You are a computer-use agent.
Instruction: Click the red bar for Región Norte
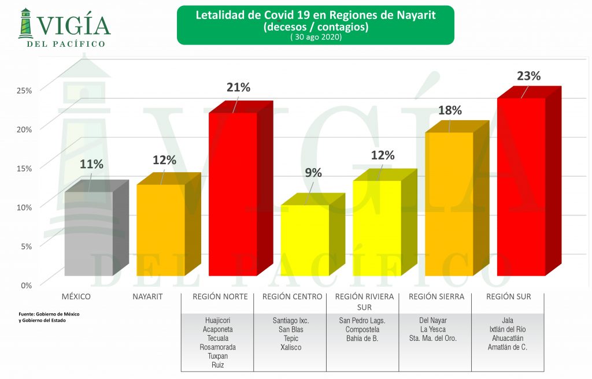point(233,194)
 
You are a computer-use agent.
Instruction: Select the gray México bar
point(88,233)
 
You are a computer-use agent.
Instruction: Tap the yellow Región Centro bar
point(305,240)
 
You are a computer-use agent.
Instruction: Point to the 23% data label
point(529,76)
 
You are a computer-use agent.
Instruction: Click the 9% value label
point(313,172)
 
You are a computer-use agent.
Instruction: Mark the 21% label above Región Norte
point(238,87)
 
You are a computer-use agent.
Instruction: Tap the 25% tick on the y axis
point(24,90)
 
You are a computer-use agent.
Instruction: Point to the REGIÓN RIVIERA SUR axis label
point(364,302)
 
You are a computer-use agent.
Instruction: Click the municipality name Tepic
point(291,339)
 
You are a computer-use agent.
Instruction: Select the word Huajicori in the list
point(217,320)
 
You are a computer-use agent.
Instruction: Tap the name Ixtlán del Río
point(508,329)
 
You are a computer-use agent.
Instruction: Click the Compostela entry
point(364,329)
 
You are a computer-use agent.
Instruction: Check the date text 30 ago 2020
point(316,38)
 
